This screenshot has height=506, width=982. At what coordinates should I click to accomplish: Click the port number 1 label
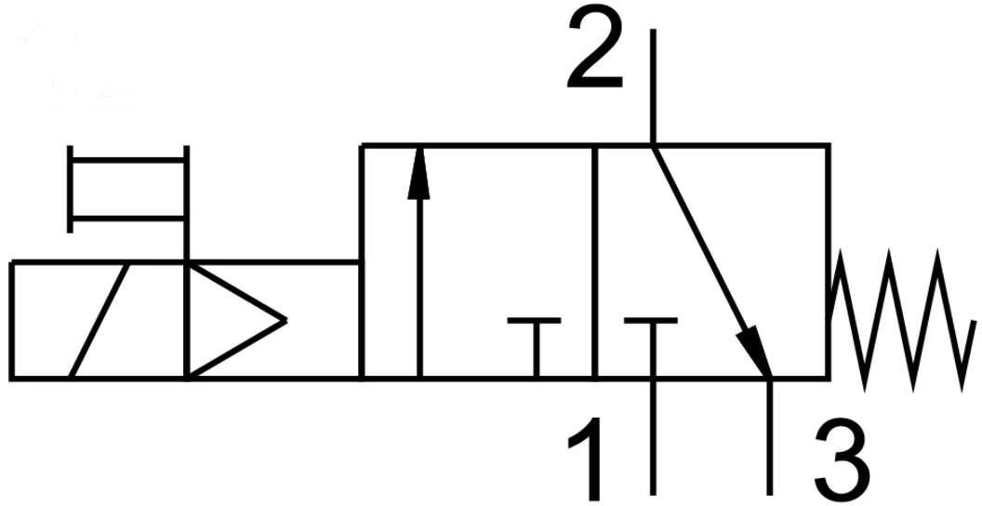586,459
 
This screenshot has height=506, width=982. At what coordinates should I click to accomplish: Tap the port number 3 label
843,460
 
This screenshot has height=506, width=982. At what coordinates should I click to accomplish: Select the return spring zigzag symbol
902,320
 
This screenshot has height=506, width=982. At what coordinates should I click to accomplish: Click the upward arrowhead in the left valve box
419,173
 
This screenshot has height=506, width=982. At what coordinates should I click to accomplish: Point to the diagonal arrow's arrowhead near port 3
755,352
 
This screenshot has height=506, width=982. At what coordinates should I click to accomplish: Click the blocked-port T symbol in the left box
534,348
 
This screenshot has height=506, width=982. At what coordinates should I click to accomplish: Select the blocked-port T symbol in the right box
651,348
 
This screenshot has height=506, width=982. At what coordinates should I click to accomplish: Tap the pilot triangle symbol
237,320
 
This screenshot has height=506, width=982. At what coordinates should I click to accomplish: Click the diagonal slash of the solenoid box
100,320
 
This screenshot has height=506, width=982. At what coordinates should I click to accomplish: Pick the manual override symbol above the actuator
127,189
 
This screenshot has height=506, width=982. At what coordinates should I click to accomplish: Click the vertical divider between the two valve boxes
594,261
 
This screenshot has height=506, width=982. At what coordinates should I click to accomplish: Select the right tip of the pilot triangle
286,320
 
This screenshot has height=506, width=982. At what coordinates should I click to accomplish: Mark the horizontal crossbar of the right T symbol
651,321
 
